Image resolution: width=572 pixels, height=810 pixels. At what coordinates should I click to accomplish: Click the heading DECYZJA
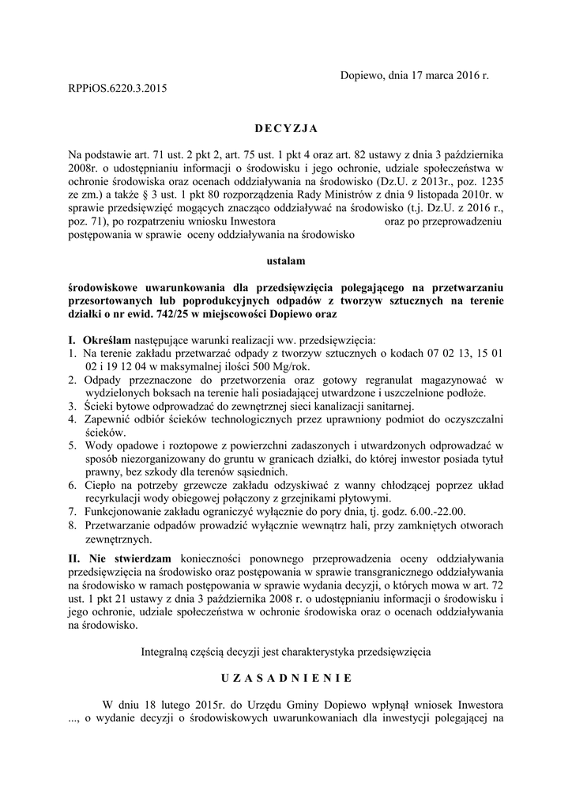pyautogui.click(x=285, y=128)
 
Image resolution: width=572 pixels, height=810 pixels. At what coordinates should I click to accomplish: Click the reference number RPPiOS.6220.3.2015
pyautogui.click(x=119, y=89)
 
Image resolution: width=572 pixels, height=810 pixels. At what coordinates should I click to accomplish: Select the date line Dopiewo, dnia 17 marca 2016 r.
pyautogui.click(x=414, y=76)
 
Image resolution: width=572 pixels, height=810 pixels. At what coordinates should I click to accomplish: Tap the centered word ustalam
pyautogui.click(x=285, y=259)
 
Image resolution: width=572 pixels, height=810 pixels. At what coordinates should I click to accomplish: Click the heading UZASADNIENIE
pyautogui.click(x=285, y=678)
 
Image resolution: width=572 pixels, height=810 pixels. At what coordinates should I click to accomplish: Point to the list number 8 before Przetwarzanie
pyautogui.click(x=71, y=525)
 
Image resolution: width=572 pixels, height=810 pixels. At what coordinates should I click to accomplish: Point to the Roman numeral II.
pyautogui.click(x=73, y=558)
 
